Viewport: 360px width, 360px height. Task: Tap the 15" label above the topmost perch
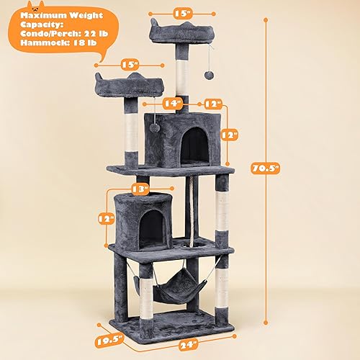coord(182,12)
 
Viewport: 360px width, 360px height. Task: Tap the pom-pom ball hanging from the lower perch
coord(152,127)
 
